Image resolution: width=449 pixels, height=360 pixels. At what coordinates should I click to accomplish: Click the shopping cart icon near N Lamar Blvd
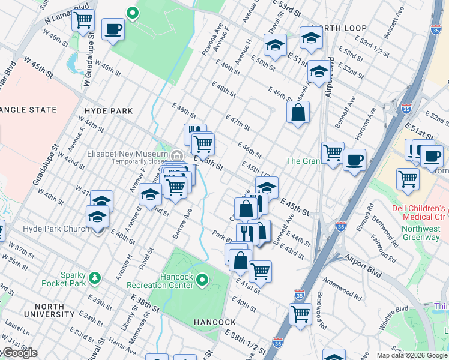[x=83, y=20]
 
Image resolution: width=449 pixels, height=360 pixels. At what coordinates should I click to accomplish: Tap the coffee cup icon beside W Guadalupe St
[x=113, y=29]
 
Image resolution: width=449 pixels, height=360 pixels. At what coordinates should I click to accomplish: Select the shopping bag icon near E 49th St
[x=298, y=112]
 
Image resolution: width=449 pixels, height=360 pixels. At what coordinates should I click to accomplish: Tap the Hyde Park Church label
[x=56, y=229]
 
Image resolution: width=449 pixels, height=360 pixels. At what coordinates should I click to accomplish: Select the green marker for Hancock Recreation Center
[x=202, y=280]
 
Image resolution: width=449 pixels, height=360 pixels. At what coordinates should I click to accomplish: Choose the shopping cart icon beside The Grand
[x=333, y=152]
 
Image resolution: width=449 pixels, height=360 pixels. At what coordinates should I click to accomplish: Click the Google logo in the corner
[x=19, y=353]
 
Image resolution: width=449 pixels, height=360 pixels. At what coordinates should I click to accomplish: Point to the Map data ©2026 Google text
[x=411, y=355]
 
